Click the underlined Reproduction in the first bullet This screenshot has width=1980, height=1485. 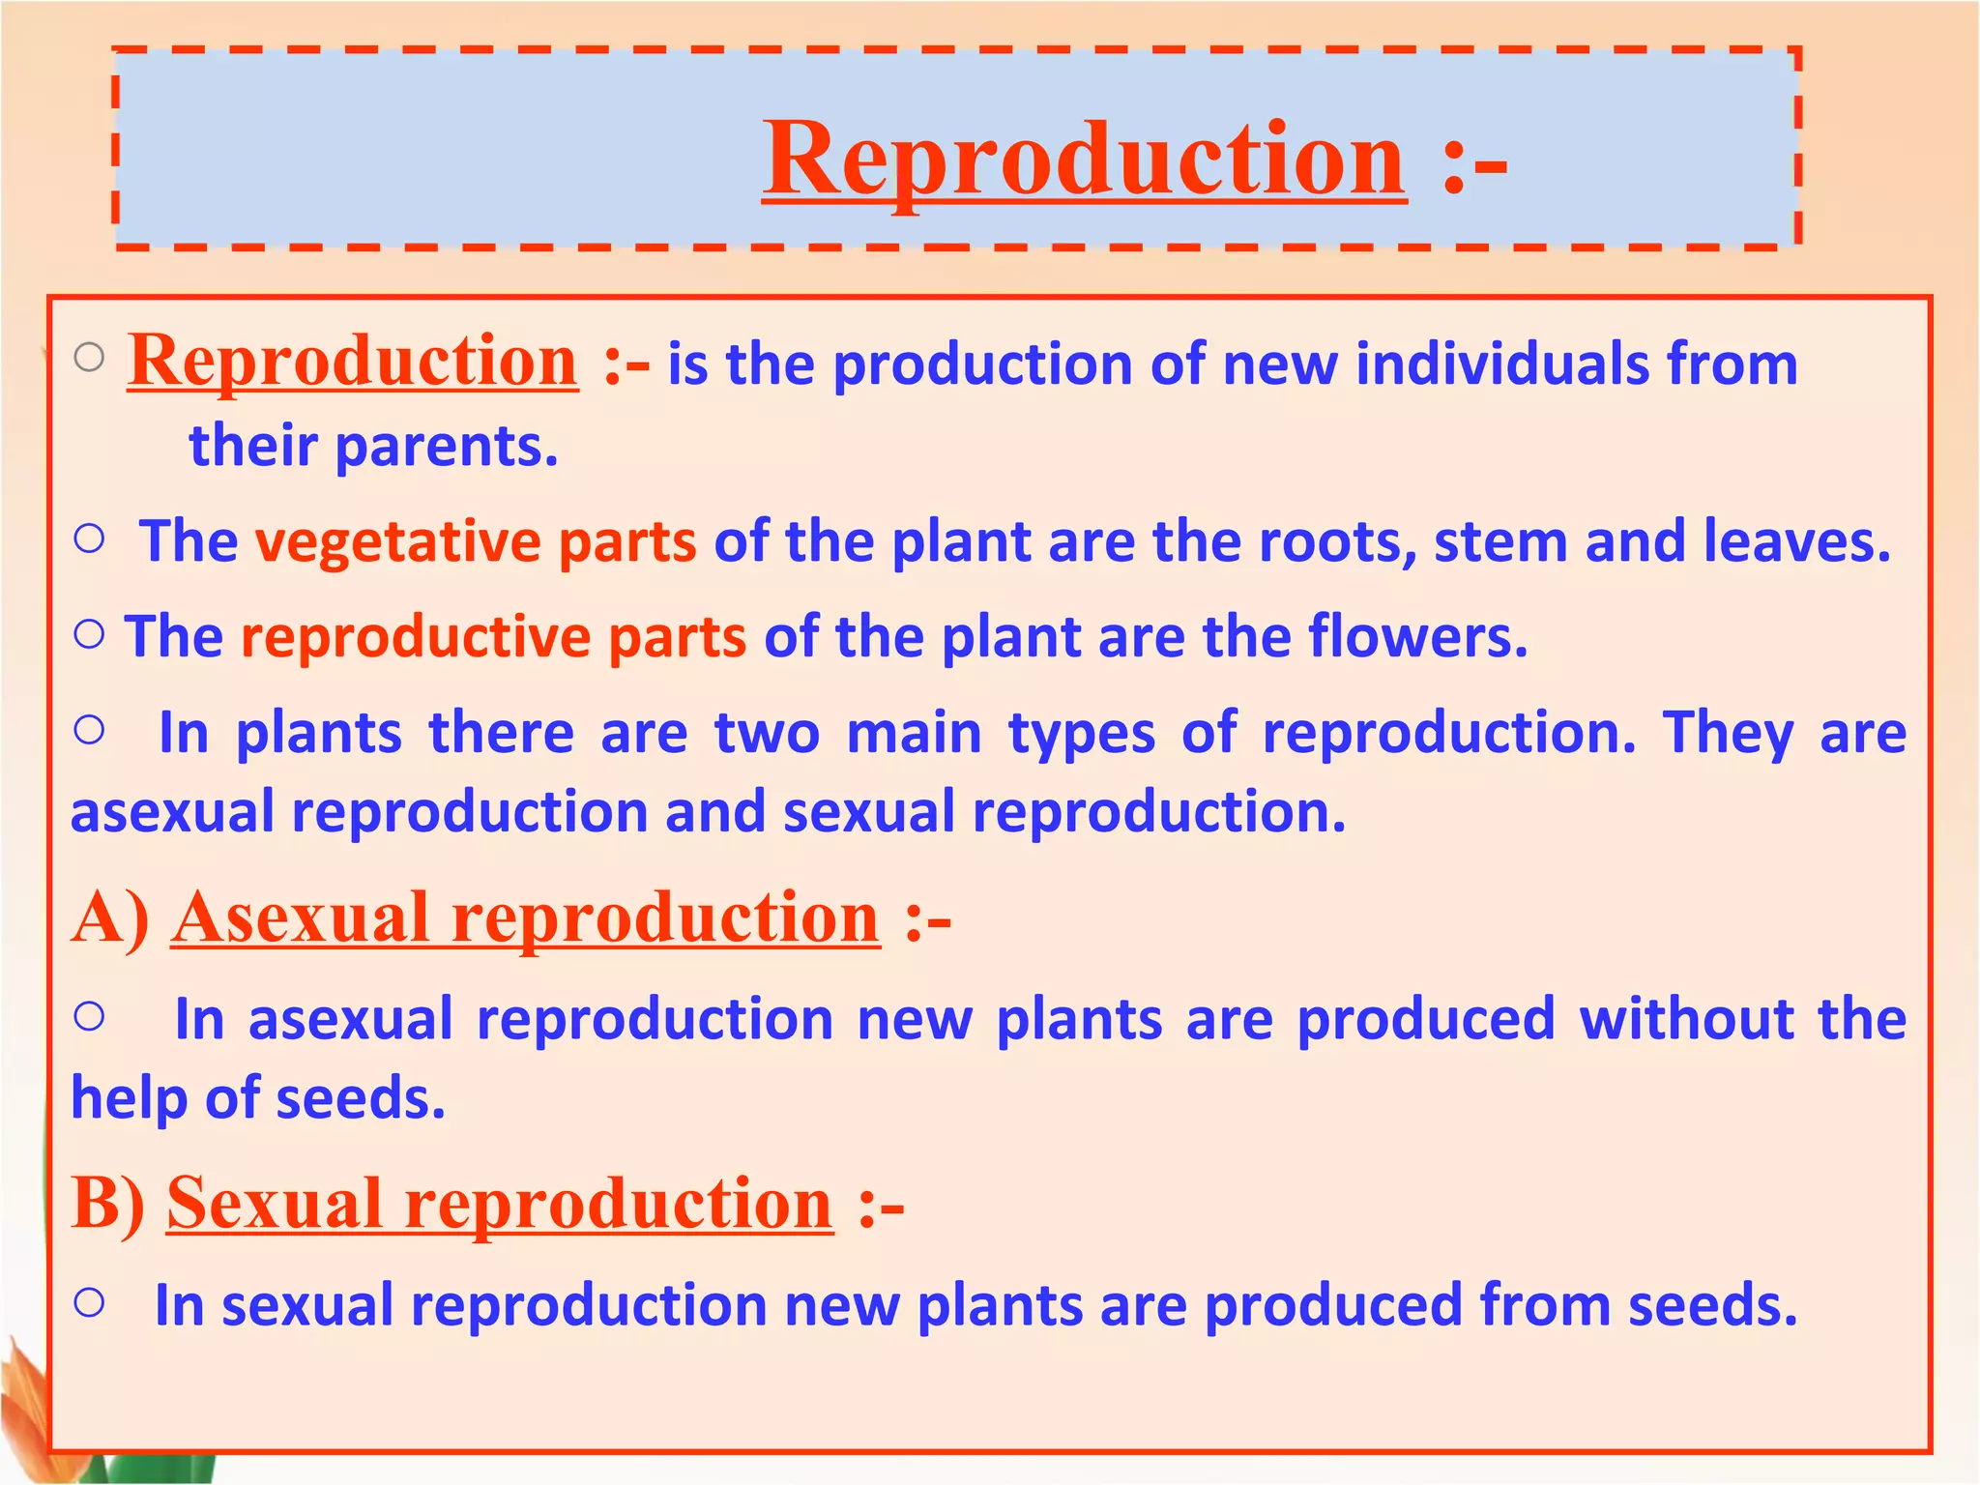tap(353, 362)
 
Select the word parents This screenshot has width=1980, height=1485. tap(447, 447)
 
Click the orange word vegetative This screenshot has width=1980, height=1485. tap(397, 541)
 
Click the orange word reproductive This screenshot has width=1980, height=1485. tap(415, 638)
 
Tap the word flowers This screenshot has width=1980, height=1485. tap(1417, 638)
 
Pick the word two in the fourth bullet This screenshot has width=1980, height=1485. tap(767, 733)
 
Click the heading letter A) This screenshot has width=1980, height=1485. tap(110, 917)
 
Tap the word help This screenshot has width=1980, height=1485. tap(129, 1099)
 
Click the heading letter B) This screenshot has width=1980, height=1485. tap(108, 1204)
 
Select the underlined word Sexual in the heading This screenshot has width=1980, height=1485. tap(275, 1204)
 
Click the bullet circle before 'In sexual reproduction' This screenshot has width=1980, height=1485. tap(89, 1303)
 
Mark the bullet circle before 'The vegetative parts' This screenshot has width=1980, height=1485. tap(89, 539)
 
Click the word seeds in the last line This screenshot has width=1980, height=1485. tap(1712, 1305)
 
